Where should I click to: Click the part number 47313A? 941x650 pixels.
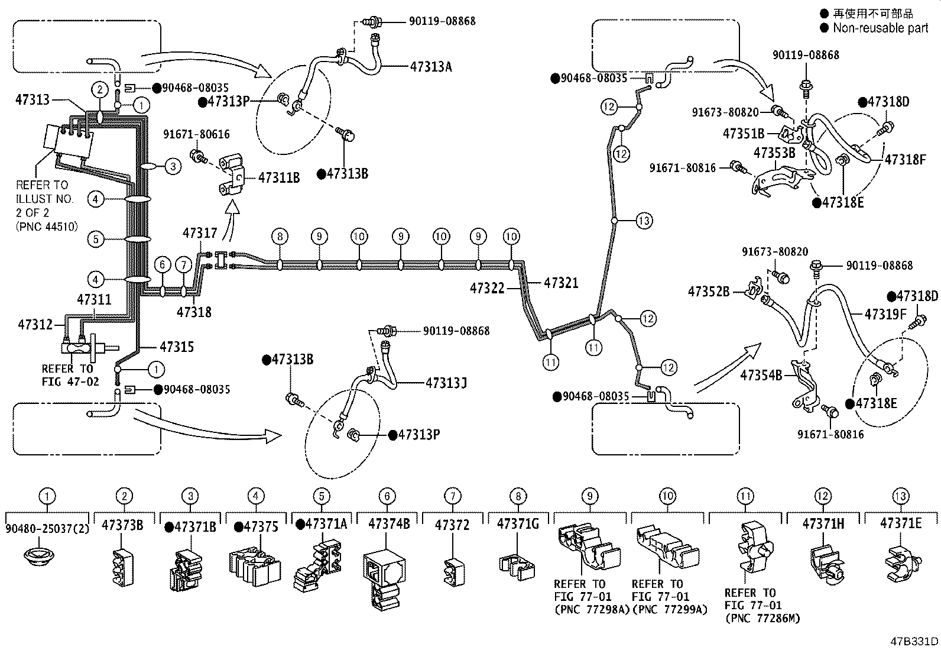430,66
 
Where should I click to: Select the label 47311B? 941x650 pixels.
279,177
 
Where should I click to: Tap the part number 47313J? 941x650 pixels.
446,383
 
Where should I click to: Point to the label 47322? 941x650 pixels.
487,288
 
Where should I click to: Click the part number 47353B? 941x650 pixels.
774,153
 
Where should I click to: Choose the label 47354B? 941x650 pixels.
761,375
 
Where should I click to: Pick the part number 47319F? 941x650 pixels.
885,314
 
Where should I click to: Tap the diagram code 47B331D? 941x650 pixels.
914,641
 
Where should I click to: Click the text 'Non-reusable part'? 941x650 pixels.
881,28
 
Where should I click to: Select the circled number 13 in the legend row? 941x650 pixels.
900,496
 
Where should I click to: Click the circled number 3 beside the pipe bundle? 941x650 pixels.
172,166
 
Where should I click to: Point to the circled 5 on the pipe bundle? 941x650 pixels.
96,240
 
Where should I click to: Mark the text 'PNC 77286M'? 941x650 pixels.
761,618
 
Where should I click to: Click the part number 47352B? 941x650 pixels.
709,291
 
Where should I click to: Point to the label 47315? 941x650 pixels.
177,347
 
